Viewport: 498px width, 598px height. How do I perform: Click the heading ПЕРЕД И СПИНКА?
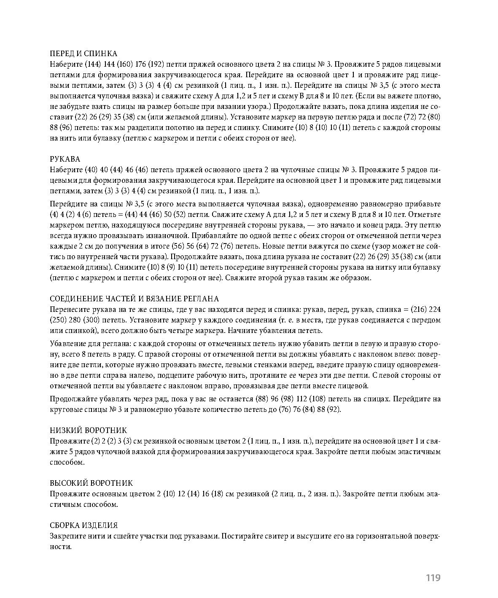(x=83, y=54)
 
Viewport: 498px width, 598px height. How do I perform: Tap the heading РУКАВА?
(x=65, y=159)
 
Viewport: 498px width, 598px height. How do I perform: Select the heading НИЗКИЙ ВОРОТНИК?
(x=88, y=430)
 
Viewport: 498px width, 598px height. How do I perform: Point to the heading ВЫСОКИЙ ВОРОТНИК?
(x=91, y=483)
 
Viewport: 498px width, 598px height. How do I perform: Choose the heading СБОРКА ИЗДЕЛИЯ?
(x=83, y=525)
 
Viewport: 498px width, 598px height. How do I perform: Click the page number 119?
(x=433, y=578)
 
